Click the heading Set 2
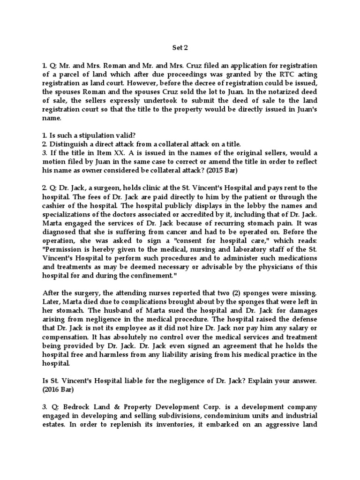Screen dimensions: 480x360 180,47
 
